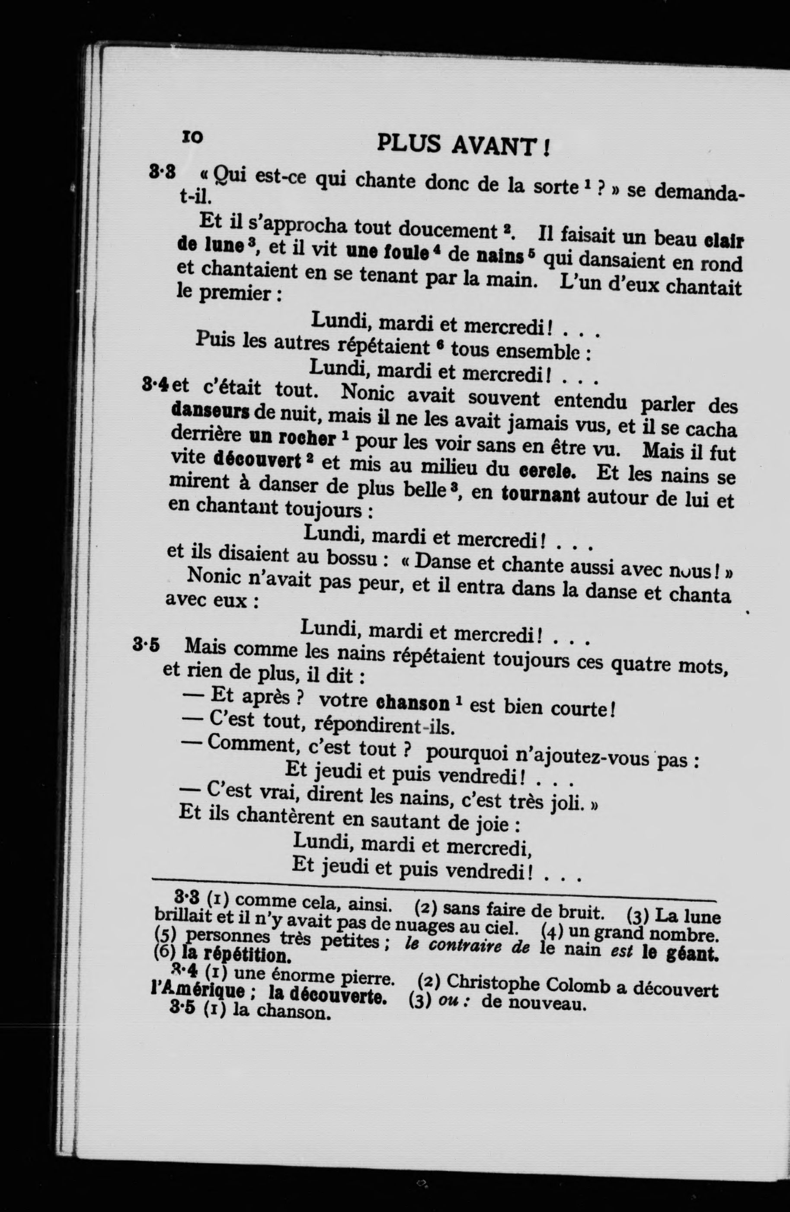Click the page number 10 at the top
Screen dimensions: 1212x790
point(192,137)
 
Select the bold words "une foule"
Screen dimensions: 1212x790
point(387,252)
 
